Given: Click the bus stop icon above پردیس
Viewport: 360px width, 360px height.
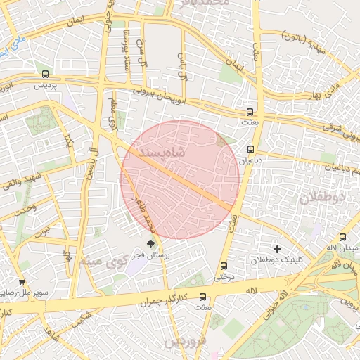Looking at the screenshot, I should (x=46, y=74).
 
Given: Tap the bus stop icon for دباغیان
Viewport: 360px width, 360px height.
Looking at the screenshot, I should (x=251, y=149).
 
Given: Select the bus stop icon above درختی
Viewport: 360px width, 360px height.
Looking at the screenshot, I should (x=224, y=266).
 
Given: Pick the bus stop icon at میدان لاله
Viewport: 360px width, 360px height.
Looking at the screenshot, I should (x=342, y=237).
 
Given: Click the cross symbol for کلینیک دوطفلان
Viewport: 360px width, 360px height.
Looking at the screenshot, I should (x=278, y=249).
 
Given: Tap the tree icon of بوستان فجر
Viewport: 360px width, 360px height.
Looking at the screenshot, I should (x=151, y=243).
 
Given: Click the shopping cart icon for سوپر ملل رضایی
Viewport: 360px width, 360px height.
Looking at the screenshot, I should (x=22, y=281).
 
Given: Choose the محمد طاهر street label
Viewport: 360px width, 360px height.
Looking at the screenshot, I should (x=143, y=215).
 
